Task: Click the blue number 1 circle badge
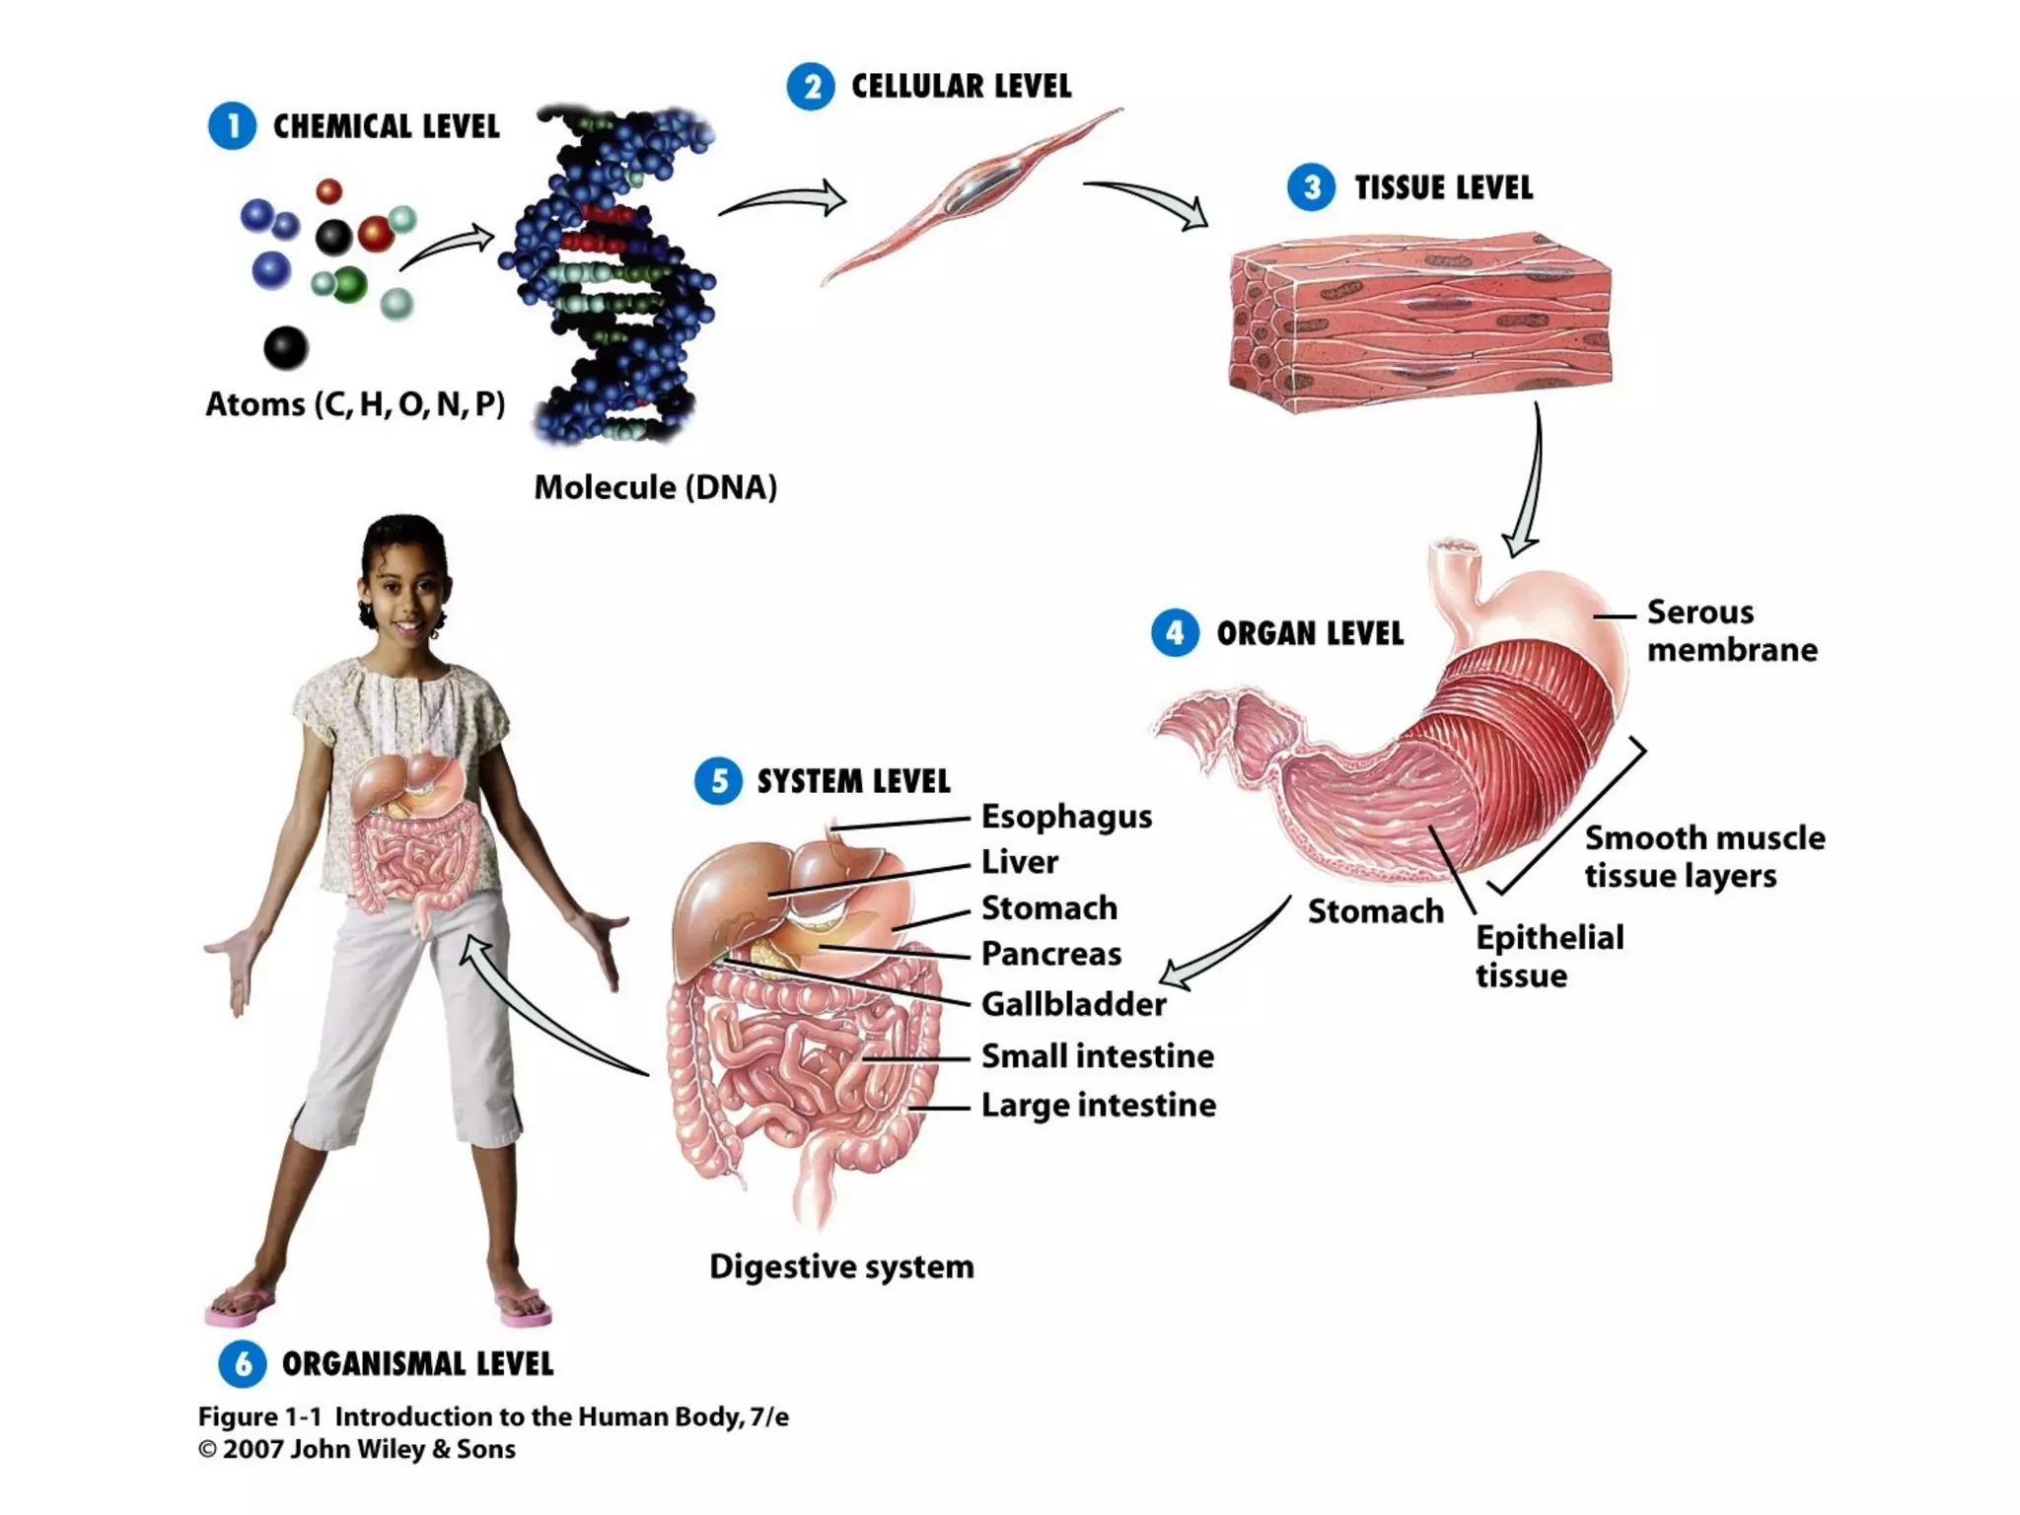point(232,126)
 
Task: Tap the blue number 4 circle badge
point(1175,632)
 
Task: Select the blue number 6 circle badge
point(243,1364)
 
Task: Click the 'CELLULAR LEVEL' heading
point(961,87)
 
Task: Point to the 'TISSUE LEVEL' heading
point(1443,187)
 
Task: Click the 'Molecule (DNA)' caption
point(655,487)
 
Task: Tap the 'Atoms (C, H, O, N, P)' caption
point(355,404)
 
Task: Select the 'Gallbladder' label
point(1073,1004)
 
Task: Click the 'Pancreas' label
point(1050,954)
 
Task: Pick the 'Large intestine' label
point(1098,1105)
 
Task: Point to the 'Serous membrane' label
point(1731,630)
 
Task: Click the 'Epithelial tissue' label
point(1549,956)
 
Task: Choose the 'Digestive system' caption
point(841,1266)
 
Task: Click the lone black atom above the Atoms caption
point(286,347)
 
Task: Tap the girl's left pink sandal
point(524,1307)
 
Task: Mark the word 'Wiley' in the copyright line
point(381,1449)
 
